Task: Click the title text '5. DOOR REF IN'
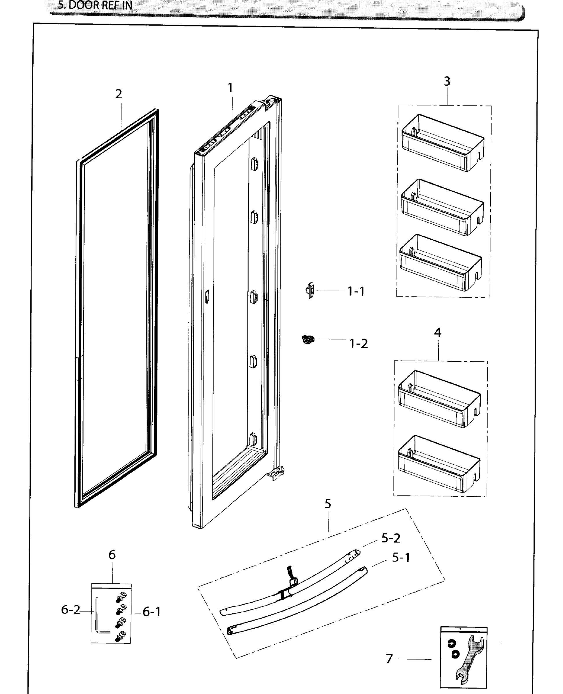click(95, 5)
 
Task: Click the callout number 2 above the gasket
click(119, 94)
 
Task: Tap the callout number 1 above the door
click(230, 88)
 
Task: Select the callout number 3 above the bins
click(447, 81)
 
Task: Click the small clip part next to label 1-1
click(310, 290)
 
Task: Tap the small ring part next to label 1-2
click(308, 340)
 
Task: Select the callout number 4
click(438, 332)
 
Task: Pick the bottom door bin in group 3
click(440, 263)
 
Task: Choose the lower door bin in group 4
click(439, 464)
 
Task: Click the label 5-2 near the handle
click(391, 538)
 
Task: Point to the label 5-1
click(401, 558)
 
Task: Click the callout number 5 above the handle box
click(328, 504)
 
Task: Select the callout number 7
click(390, 658)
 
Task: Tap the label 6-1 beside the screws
click(152, 612)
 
